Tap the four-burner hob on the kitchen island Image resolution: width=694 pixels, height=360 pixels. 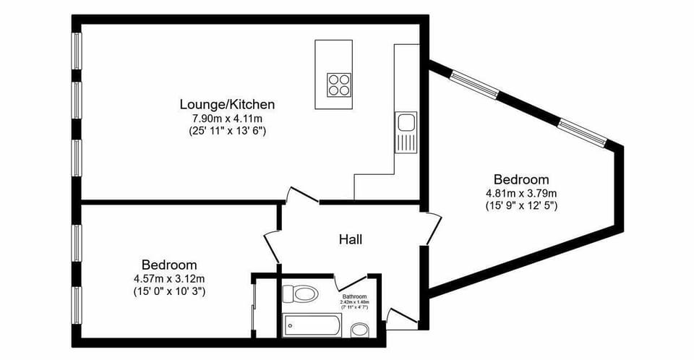(x=338, y=85)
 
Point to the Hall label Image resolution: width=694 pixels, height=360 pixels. (x=351, y=239)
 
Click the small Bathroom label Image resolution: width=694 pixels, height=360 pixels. (x=354, y=297)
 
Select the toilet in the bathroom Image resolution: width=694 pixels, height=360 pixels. (x=300, y=294)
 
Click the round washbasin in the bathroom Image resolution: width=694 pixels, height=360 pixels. (x=360, y=330)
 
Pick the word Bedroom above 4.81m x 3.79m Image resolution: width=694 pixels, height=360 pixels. (x=520, y=179)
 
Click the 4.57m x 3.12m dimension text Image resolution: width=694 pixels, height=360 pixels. (x=169, y=278)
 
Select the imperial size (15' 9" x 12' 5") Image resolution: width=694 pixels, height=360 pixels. (x=520, y=205)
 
